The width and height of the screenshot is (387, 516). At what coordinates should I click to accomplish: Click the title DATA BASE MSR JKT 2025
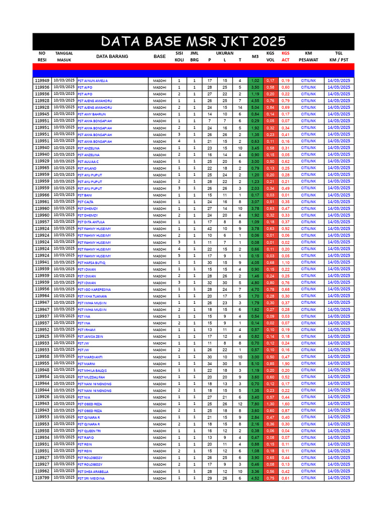[x=193, y=41]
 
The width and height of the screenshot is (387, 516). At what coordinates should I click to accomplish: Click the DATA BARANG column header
[x=112, y=56]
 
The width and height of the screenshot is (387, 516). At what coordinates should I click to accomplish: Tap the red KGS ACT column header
[x=286, y=56]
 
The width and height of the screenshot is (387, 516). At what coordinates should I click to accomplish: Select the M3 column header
[x=255, y=56]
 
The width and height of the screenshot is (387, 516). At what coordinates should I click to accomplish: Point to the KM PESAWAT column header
[x=308, y=56]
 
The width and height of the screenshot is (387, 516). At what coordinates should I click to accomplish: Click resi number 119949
[x=42, y=81]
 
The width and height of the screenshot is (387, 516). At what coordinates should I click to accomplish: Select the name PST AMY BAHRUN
[x=92, y=114]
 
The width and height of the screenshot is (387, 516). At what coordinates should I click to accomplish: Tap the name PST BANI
[x=85, y=195]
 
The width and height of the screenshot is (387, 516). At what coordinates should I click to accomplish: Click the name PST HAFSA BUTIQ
[x=91, y=263]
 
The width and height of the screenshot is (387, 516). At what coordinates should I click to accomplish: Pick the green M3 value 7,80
[x=255, y=404]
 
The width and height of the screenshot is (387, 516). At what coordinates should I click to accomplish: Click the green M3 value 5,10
[x=255, y=364]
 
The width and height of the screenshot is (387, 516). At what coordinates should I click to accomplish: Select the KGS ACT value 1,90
[x=286, y=364]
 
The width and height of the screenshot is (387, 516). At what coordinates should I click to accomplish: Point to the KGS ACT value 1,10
[x=286, y=263]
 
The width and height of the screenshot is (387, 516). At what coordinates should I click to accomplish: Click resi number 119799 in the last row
[x=42, y=478]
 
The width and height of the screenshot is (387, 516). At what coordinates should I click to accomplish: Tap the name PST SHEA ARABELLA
[x=93, y=472]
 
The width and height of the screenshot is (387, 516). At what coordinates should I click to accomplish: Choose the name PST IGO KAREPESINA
[x=94, y=290]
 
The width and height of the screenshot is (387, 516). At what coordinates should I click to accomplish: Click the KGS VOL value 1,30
[x=271, y=404]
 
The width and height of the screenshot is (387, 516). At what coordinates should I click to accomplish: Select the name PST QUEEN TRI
[x=90, y=431]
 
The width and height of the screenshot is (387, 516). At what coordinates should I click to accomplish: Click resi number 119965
[x=42, y=168]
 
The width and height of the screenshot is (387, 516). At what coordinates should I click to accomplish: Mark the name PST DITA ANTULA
[x=91, y=222]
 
